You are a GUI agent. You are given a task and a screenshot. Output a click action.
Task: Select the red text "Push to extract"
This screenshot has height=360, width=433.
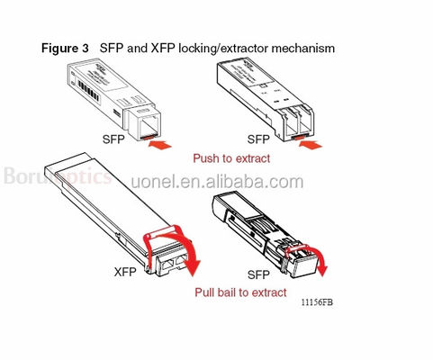(232, 157)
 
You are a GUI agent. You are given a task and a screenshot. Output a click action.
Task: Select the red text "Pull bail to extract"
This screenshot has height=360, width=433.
(240, 292)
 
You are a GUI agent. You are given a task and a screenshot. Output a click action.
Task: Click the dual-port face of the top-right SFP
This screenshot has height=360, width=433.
(298, 120)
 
